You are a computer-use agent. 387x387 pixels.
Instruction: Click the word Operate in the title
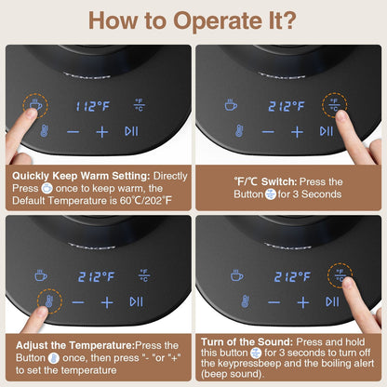pyautogui.click(x=218, y=21)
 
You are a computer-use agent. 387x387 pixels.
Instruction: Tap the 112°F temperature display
pyautogui.click(x=93, y=107)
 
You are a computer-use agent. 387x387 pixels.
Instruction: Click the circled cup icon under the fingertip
pyautogui.click(x=35, y=104)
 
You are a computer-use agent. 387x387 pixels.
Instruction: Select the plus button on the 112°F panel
pyautogui.click(x=102, y=132)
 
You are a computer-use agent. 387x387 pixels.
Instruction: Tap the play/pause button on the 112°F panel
pyautogui.click(x=131, y=131)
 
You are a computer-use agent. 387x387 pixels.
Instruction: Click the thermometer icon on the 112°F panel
pyautogui.click(x=45, y=131)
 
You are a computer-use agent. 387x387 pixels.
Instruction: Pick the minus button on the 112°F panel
pyautogui.click(x=73, y=132)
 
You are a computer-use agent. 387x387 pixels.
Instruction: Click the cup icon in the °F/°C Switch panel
pyautogui.click(x=231, y=105)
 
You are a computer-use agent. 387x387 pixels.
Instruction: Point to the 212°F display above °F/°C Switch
pyautogui.click(x=287, y=107)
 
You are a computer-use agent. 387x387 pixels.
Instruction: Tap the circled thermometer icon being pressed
pyautogui.click(x=49, y=301)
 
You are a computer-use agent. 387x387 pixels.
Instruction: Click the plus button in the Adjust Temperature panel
pyautogui.click(x=107, y=302)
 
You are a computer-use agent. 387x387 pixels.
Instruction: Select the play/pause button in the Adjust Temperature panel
pyautogui.click(x=136, y=301)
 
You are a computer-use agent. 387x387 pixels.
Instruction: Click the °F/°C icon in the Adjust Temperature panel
pyautogui.click(x=144, y=275)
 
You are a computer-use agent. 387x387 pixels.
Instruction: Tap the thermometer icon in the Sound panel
pyautogui.click(x=245, y=301)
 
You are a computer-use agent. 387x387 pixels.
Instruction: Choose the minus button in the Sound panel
pyautogui.click(x=274, y=302)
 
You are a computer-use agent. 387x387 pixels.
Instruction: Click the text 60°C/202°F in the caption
pyautogui.click(x=145, y=201)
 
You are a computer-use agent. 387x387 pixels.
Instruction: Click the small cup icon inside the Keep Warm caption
pyautogui.click(x=47, y=188)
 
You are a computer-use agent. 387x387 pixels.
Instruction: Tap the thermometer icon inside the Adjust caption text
pyautogui.click(x=54, y=358)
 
